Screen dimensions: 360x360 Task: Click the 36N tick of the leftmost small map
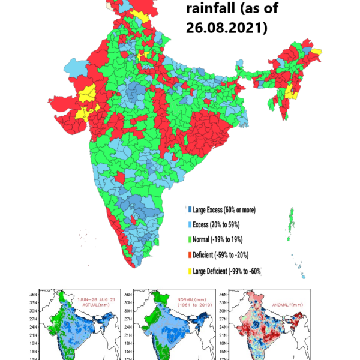(35, 295)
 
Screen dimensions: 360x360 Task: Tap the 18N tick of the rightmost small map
(223, 343)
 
